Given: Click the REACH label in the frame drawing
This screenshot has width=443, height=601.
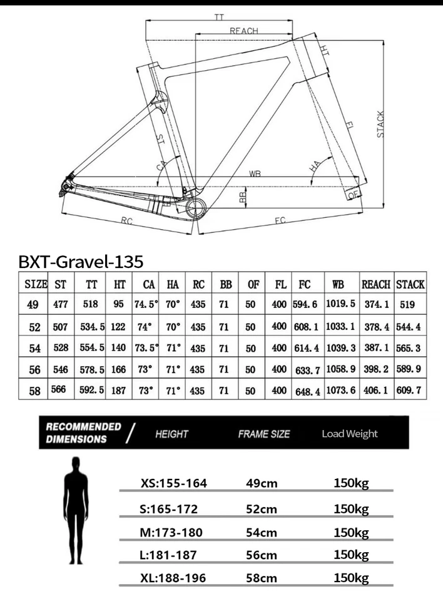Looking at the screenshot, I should point(243,31).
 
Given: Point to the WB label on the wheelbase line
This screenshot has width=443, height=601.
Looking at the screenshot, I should point(254,174).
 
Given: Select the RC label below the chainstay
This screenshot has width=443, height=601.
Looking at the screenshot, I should point(127,220).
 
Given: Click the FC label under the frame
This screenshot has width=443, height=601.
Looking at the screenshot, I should point(279,220).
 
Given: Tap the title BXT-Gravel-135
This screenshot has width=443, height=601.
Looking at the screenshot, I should point(81,260).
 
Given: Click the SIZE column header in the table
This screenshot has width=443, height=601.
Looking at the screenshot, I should point(36,284).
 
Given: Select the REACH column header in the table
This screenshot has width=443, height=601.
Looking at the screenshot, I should point(376,284).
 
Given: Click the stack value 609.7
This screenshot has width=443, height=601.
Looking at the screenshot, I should point(410,390).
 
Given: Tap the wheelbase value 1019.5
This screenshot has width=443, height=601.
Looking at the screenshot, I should point(340,304).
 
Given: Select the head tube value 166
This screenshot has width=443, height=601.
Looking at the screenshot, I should point(119,369).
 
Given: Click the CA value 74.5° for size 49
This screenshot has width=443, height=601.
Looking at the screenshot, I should point(148,304).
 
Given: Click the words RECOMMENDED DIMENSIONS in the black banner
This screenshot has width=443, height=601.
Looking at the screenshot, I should point(83,433).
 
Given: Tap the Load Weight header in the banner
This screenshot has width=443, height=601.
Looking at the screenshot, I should point(350,433).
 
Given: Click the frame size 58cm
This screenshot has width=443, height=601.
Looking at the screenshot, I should point(261,578).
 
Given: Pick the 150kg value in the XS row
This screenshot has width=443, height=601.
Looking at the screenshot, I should point(351,483).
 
